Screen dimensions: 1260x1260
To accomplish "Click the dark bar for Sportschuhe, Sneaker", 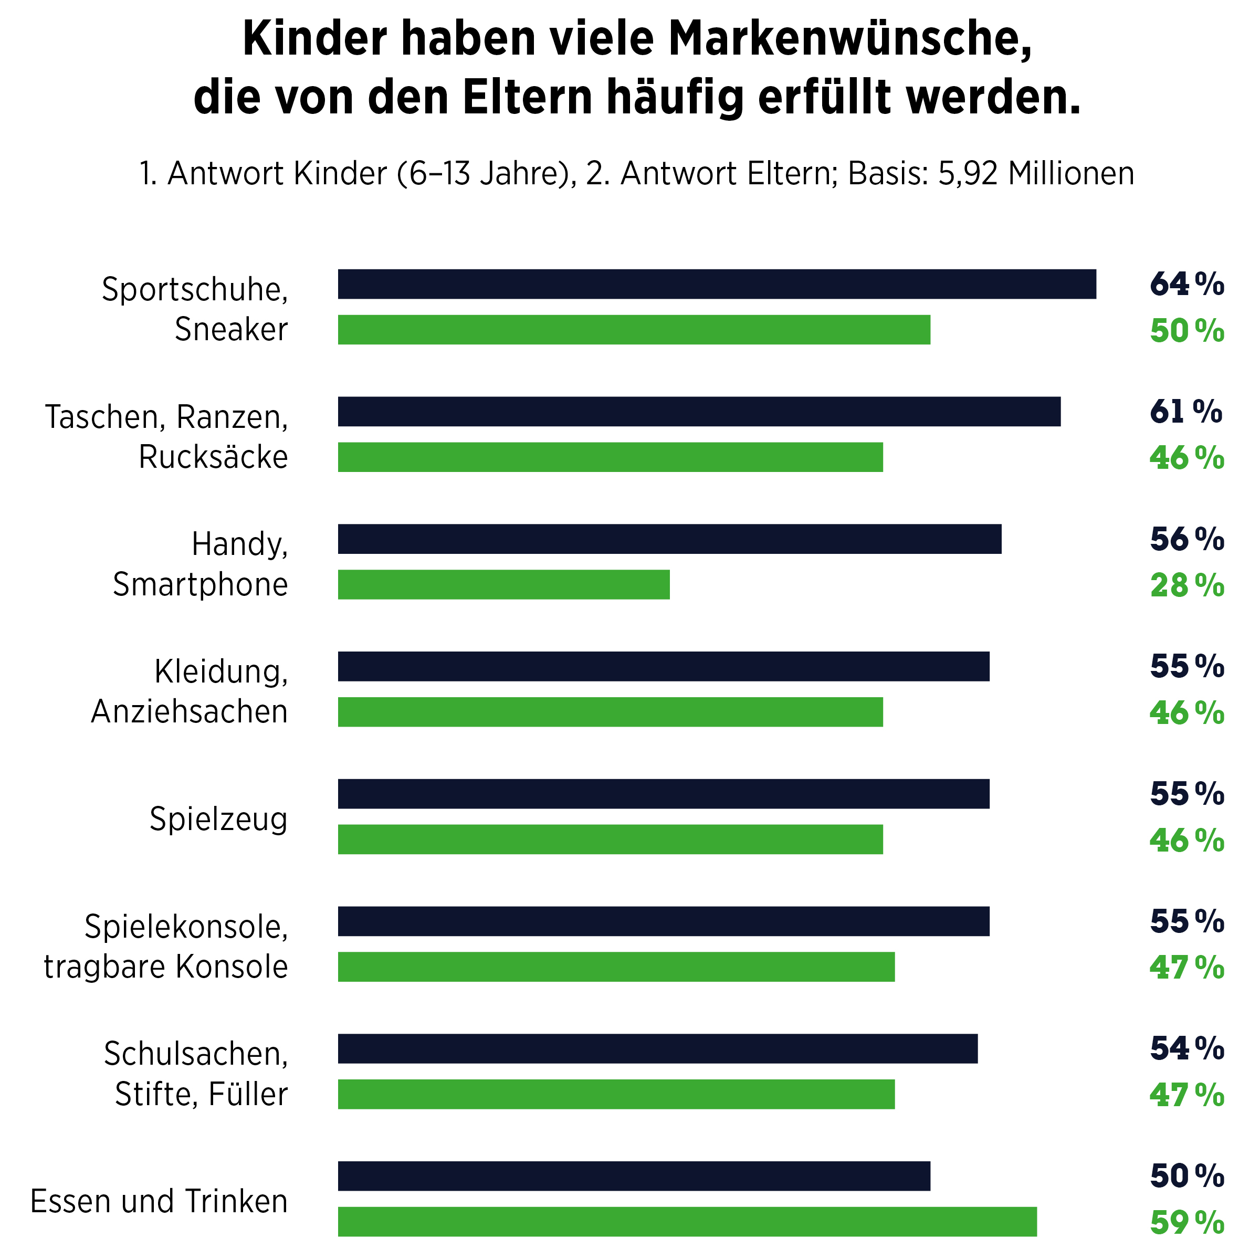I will (716, 285).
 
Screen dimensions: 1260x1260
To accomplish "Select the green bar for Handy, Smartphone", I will (503, 584).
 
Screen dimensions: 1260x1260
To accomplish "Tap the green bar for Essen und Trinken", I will (687, 1222).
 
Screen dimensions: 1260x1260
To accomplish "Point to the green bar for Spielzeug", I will (610, 839).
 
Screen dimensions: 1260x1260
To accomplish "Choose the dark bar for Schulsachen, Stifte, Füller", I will (657, 1049).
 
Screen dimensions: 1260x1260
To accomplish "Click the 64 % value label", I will (1186, 285).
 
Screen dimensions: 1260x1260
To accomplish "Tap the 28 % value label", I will (1186, 586).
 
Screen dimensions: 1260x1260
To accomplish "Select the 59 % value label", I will (1186, 1223).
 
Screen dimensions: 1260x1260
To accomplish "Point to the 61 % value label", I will (1185, 412).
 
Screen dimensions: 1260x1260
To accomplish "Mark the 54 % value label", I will (1186, 1049).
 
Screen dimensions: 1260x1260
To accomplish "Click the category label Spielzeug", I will (218, 819).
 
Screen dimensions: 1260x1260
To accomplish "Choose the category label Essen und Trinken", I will (159, 1201).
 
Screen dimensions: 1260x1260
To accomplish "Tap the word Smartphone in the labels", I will (200, 584).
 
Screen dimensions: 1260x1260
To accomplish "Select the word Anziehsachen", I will (189, 711).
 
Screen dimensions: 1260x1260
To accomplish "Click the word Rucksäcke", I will (213, 457).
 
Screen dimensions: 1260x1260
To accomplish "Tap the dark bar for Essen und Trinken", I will (634, 1176).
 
